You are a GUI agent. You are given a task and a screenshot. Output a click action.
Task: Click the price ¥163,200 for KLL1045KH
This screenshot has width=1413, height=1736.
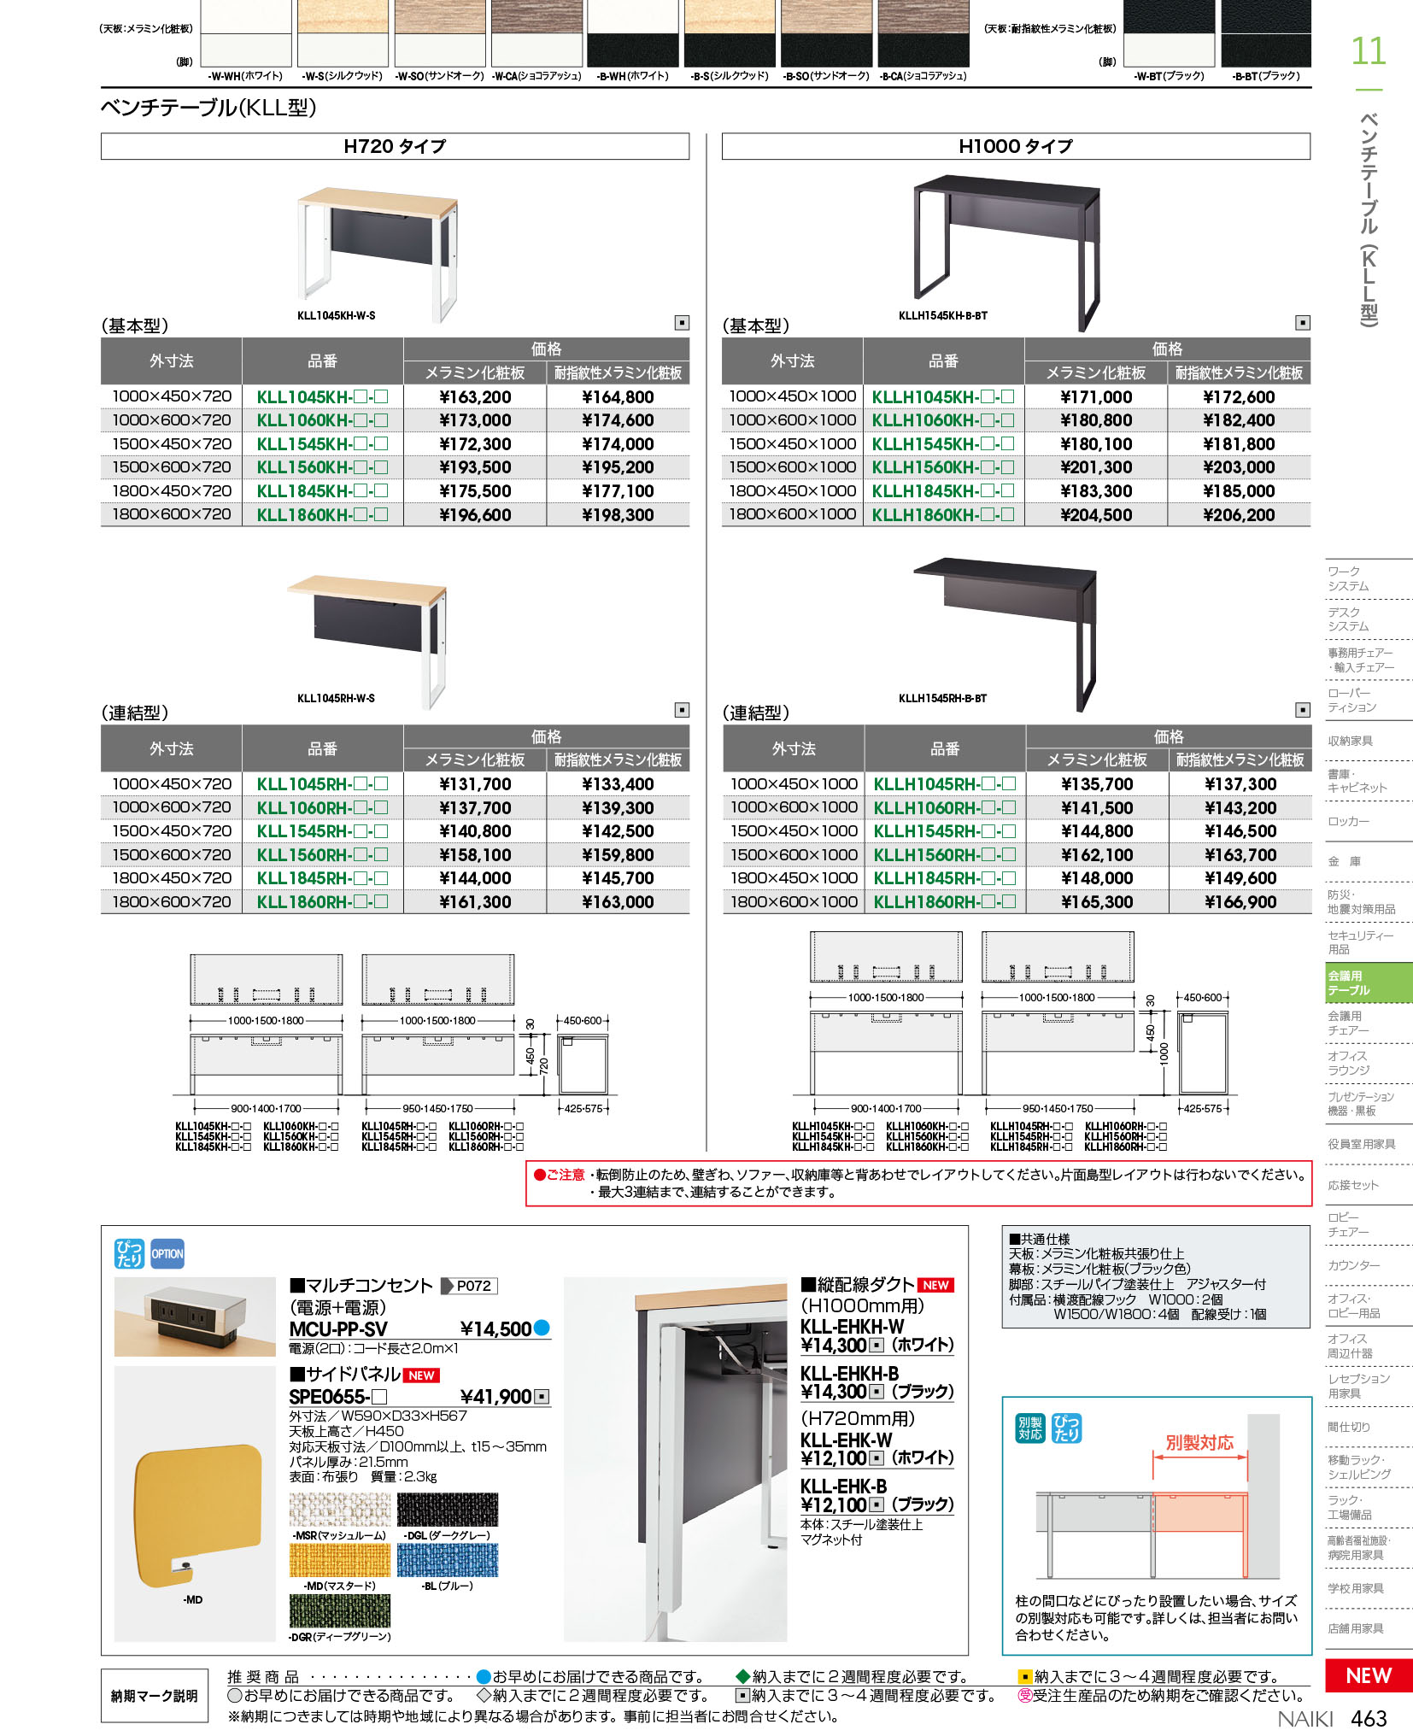point(475,397)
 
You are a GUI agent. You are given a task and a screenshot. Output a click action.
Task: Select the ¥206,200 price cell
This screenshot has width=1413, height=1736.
point(1239,515)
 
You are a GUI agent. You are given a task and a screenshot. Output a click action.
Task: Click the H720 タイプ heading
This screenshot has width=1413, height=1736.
point(395,147)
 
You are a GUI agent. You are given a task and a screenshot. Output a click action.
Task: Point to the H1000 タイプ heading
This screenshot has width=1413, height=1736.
point(1016,147)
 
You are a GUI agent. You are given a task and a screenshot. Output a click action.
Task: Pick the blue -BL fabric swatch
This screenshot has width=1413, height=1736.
point(447,1561)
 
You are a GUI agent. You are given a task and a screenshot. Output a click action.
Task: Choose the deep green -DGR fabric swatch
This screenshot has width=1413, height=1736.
point(339,1611)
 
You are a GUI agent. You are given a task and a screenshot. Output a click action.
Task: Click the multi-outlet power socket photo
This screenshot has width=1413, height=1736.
point(195,1317)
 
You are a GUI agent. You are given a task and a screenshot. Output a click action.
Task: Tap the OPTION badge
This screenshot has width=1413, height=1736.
point(167,1254)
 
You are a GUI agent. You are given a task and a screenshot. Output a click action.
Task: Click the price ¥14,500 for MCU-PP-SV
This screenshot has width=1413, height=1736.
point(495,1329)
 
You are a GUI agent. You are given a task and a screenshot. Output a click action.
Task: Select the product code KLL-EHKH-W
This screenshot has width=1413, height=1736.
point(852,1327)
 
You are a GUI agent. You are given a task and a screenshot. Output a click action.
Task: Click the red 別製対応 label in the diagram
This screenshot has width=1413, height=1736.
point(1199,1443)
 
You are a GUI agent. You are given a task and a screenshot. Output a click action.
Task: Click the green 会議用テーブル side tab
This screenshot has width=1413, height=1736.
point(1368,982)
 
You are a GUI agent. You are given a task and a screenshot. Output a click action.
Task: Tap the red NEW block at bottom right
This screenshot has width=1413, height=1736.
point(1368,1675)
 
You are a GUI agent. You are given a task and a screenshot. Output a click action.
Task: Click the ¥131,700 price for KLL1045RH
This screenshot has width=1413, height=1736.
point(475,784)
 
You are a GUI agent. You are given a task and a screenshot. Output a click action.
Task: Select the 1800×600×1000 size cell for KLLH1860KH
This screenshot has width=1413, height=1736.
point(792,514)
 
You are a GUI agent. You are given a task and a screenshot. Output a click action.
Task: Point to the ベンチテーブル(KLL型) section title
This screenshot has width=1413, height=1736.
point(209,108)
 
